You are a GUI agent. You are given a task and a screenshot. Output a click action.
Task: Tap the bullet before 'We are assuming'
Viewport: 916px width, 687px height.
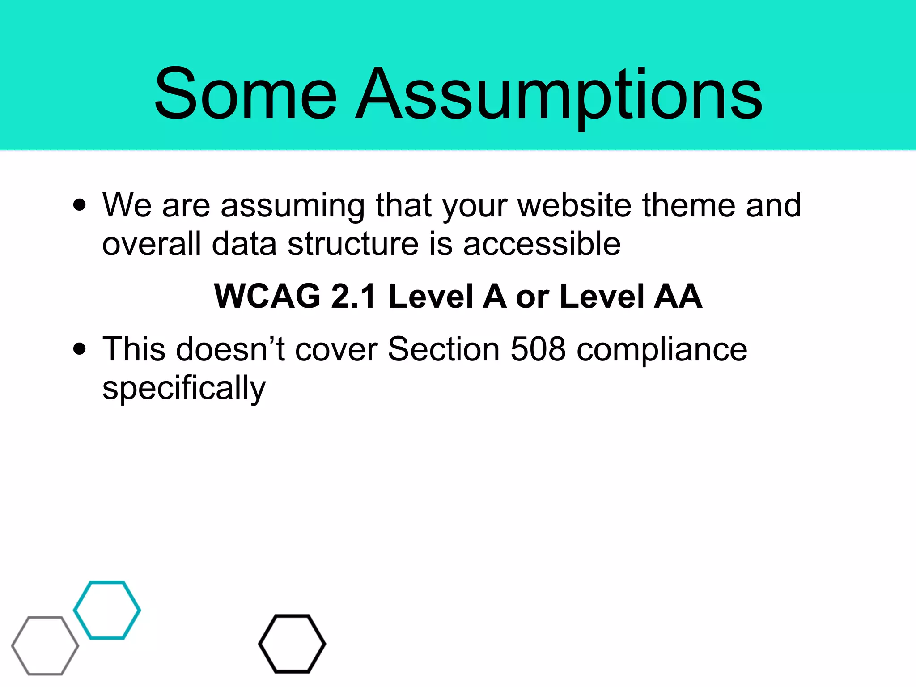point(80,205)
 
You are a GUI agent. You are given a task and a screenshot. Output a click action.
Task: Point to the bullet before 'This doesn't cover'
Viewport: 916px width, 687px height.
point(80,349)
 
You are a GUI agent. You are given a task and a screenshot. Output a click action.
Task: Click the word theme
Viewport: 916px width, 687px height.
point(689,205)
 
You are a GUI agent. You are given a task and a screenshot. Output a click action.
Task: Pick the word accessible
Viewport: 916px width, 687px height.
point(542,244)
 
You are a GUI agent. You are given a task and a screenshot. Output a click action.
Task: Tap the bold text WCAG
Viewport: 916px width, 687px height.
point(267,297)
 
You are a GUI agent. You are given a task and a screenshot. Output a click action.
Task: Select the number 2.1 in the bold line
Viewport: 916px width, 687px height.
point(353,297)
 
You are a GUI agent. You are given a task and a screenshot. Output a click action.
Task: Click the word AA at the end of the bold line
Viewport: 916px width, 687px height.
point(678,297)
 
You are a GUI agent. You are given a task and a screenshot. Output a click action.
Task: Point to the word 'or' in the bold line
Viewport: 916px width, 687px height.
point(532,297)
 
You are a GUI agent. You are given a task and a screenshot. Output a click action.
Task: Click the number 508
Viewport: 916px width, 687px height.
point(538,349)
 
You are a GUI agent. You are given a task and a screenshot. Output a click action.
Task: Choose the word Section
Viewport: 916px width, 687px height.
point(443,349)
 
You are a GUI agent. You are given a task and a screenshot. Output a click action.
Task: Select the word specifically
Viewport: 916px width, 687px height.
point(184,388)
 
